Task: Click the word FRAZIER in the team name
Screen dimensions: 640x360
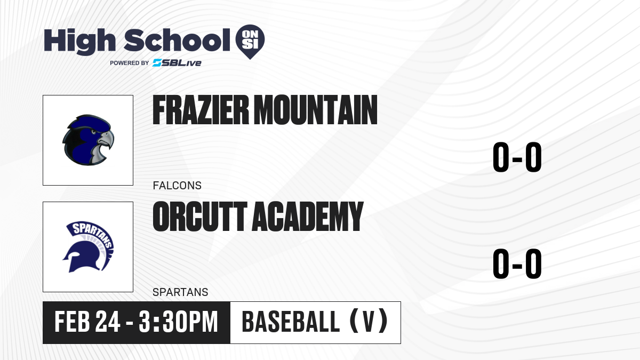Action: pos(201,110)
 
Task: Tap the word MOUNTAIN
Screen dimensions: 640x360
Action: pos(315,110)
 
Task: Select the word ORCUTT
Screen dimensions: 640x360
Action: pos(200,216)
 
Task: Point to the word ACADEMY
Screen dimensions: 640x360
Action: pos(307,216)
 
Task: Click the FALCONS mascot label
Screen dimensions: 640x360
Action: pos(177,186)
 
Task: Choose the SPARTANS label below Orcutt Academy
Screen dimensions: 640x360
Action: pos(180,292)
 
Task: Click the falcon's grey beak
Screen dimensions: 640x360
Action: pos(106,139)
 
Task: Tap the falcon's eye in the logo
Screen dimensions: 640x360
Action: pos(93,132)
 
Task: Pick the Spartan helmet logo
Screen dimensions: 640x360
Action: pos(88,247)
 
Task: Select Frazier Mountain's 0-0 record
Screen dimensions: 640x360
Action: pos(517,157)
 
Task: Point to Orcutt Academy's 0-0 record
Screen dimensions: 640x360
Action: pos(517,263)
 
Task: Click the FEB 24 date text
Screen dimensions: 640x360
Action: pos(87,322)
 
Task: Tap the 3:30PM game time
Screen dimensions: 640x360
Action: pos(179,322)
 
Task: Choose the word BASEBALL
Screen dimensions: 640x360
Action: pos(291,322)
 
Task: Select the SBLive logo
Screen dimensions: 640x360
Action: pos(177,63)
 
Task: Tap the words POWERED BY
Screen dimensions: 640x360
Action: pos(130,63)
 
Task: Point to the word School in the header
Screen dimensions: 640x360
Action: pos(177,40)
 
